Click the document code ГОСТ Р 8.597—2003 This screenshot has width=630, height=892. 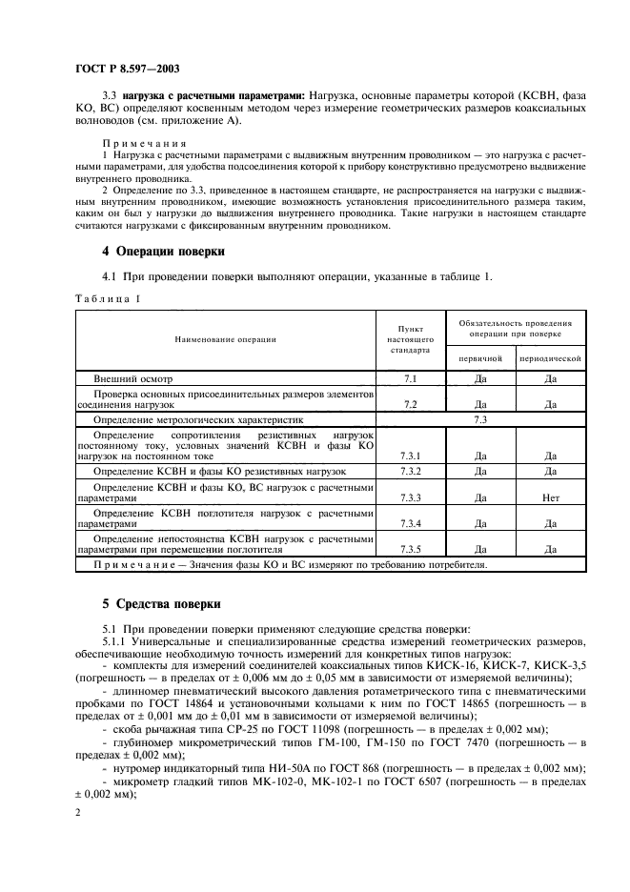(126, 70)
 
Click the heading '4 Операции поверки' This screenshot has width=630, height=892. (163, 252)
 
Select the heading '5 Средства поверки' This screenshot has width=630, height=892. (161, 604)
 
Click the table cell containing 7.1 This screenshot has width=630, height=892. (412, 378)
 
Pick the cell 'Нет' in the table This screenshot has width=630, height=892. (550, 497)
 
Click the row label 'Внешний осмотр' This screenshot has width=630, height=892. (129, 378)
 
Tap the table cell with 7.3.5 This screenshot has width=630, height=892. (412, 550)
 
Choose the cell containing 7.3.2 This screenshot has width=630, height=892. (412, 471)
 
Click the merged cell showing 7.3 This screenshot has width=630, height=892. (480, 418)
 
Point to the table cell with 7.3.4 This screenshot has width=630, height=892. (412, 523)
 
